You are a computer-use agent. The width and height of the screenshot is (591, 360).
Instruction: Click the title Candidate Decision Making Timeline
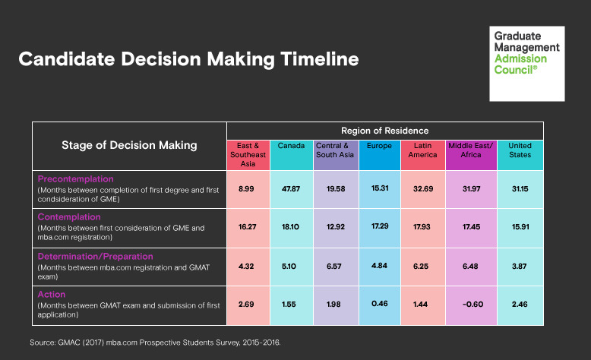[x=188, y=59]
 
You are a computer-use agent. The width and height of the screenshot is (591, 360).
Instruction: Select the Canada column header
[x=292, y=145]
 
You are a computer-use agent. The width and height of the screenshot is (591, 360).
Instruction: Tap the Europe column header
[x=379, y=145]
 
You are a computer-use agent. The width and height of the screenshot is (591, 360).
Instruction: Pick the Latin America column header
[x=422, y=150]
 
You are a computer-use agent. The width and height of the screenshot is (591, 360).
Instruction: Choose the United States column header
[x=520, y=150]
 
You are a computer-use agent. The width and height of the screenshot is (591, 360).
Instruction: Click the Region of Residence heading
[x=385, y=131]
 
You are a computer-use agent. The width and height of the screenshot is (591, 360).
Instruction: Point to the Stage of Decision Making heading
[x=129, y=145]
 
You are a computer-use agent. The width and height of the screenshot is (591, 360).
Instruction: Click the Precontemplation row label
[x=75, y=179]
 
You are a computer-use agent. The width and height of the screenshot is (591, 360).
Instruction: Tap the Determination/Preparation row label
[x=95, y=256]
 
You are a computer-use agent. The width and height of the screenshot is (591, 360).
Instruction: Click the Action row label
[x=52, y=295]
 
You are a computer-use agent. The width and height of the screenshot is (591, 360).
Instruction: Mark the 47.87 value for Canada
[x=292, y=190]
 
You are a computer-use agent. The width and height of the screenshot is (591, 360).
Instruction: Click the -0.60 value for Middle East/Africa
[x=466, y=305]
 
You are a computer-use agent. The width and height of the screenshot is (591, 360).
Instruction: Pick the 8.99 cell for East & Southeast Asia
[x=248, y=190]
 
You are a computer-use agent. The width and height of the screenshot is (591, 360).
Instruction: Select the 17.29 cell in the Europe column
[x=380, y=227]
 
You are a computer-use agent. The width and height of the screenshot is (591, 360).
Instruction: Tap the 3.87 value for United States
[x=520, y=267]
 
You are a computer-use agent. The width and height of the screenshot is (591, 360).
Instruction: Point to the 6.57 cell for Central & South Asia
[x=336, y=267]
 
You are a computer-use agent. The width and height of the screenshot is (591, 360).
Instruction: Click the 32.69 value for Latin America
[x=423, y=190]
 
